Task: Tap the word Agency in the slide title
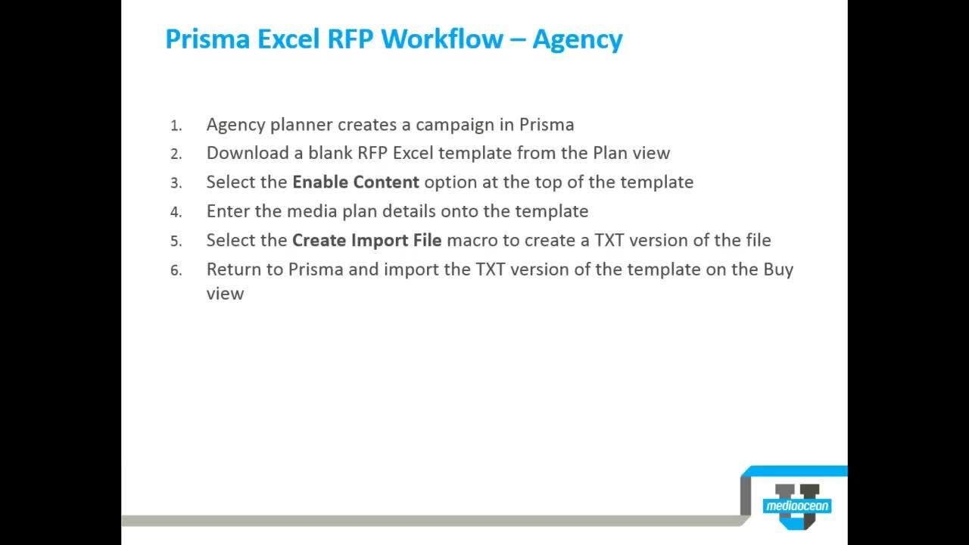tap(577, 39)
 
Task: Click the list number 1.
tap(176, 126)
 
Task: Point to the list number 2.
tap(176, 154)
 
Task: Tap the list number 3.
tap(176, 183)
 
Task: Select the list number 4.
tap(176, 212)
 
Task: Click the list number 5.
tap(176, 241)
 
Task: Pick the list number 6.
tap(176, 270)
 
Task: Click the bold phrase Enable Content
tap(356, 182)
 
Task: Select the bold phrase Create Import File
tap(366, 240)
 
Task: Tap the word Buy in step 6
tap(777, 269)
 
